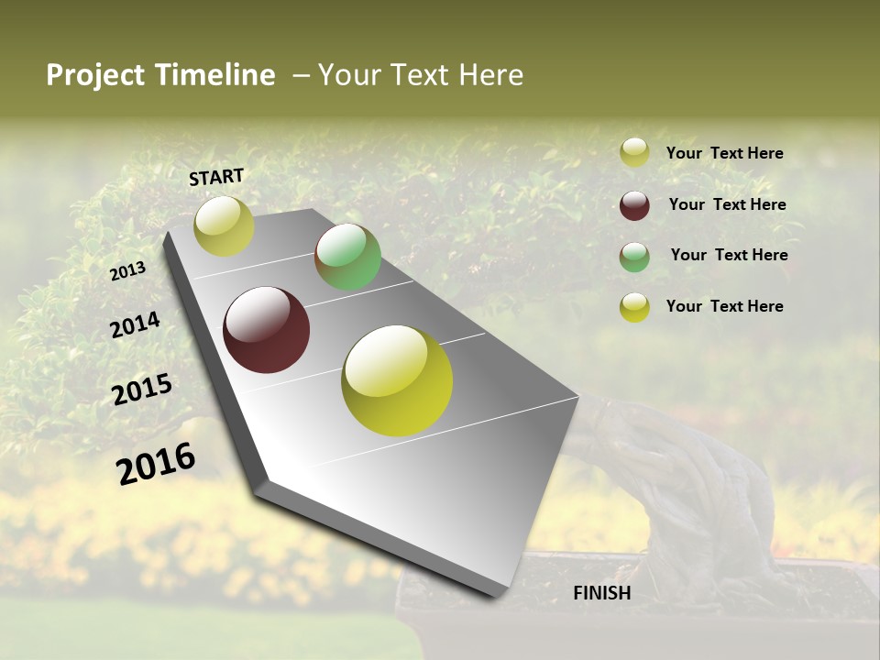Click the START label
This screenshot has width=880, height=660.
[216, 177]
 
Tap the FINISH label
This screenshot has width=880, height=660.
[601, 593]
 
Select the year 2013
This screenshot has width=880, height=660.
[127, 271]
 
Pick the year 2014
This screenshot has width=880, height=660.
[135, 325]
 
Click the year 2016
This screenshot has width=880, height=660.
[156, 463]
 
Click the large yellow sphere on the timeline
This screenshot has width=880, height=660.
[397, 380]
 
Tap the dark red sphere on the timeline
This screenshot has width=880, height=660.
[266, 330]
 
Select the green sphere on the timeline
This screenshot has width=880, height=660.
[347, 257]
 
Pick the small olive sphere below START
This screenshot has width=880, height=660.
[224, 226]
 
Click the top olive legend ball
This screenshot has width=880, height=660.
[634, 153]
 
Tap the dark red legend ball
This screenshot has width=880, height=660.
[634, 205]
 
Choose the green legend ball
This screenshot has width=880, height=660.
[634, 257]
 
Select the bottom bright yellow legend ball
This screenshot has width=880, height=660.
[634, 307]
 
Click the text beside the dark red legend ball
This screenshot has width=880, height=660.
[727, 204]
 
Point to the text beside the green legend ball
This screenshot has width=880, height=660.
[729, 255]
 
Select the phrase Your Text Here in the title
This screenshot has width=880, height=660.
[421, 75]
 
